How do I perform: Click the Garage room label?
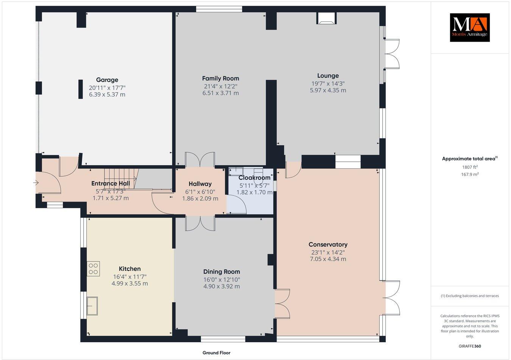[107, 80]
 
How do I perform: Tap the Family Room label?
[221, 78]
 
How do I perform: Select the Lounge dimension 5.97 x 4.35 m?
[328, 90]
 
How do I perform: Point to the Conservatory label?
[328, 245]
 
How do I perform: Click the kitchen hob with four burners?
[93, 268]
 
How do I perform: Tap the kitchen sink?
[92, 306]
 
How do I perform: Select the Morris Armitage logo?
[470, 28]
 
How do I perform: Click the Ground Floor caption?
[217, 353]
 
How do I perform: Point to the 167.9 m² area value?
[470, 174]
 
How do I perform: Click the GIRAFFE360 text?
[470, 346]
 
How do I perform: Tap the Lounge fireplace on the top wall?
[326, 18]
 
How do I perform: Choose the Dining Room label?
[221, 272]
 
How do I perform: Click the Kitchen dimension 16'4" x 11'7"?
[130, 276]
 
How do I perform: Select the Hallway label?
[200, 184]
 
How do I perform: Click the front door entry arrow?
[36, 183]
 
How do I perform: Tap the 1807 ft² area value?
[470, 167]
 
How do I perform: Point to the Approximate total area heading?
[470, 158]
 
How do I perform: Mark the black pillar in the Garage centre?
[81, 89]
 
